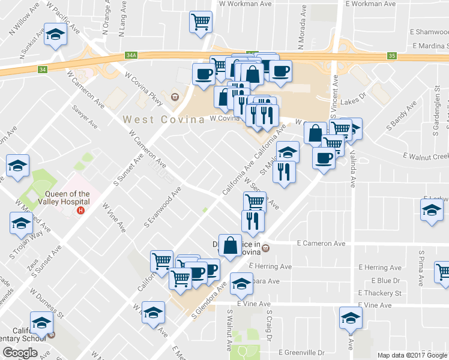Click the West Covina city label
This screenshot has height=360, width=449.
(x=164, y=119)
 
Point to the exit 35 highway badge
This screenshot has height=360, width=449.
(x=392, y=56)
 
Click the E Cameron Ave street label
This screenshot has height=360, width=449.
(x=322, y=244)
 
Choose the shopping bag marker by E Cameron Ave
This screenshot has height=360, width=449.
(x=231, y=245)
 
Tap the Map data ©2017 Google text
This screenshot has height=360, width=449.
(x=411, y=355)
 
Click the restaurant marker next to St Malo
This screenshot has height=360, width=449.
(x=284, y=172)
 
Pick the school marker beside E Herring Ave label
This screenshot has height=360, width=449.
(x=242, y=283)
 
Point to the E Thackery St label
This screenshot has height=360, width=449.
(x=379, y=293)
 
